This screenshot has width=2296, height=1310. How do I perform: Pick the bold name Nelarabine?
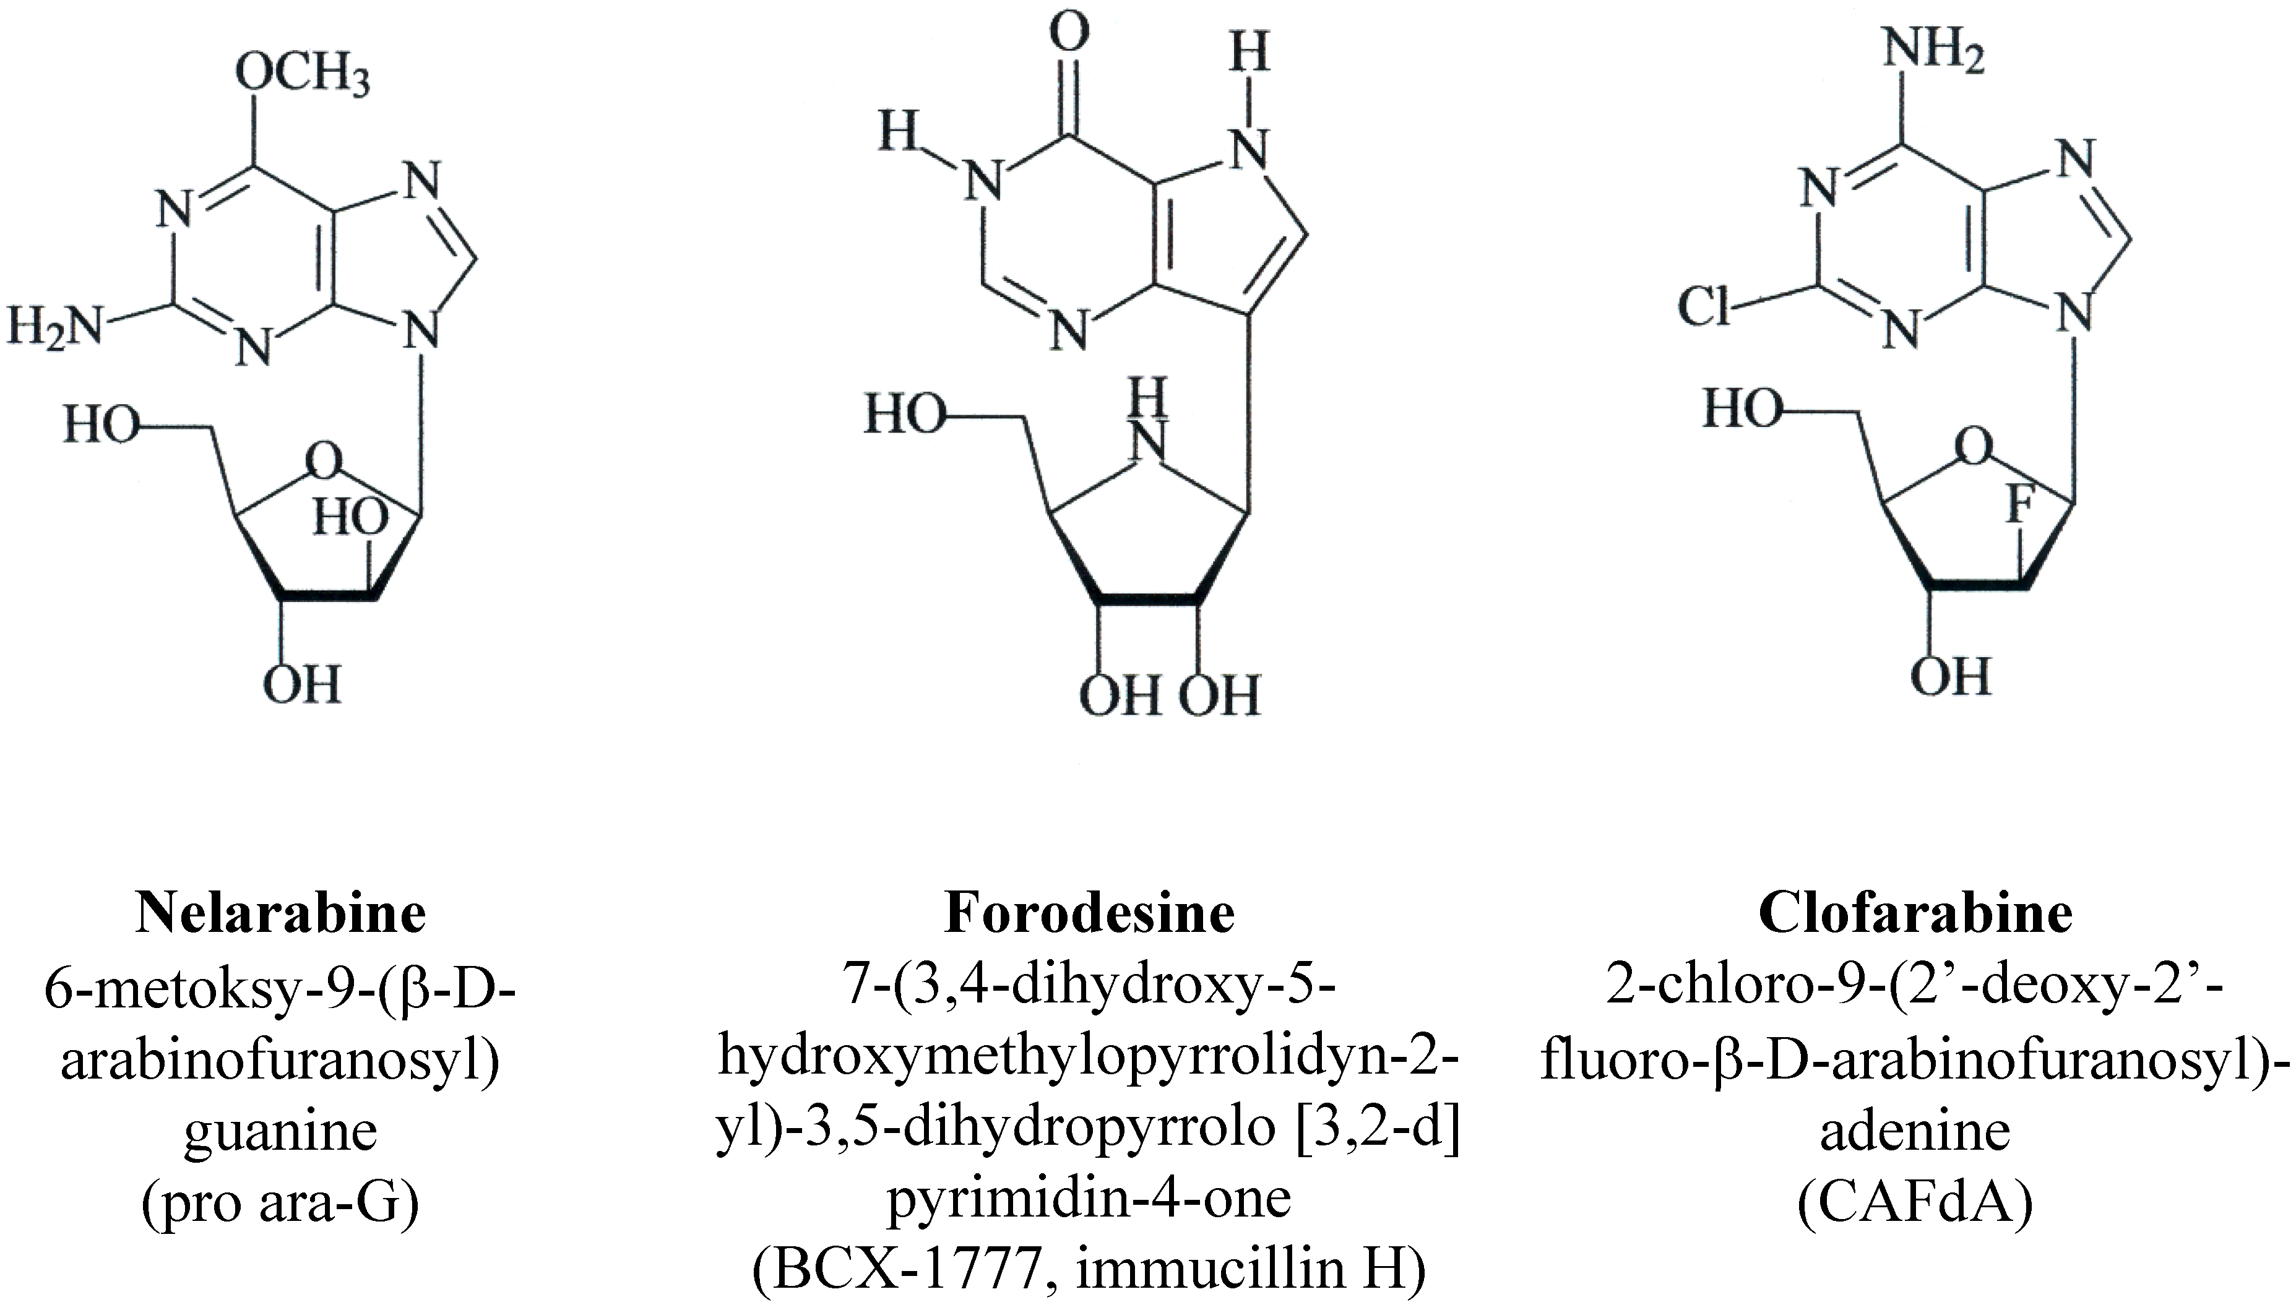tap(281, 913)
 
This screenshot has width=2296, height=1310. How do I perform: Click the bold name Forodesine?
tap(1090, 913)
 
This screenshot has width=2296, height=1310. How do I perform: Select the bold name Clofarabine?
tap(1915, 913)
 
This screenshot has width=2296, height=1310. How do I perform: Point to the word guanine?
tap(281, 1132)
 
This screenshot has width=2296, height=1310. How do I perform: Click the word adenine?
tap(1915, 1132)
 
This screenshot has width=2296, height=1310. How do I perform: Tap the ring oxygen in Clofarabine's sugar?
tap(1974, 447)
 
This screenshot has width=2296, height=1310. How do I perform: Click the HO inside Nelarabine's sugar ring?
tap(350, 519)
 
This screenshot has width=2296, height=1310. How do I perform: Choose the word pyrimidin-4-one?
tap(1090, 1199)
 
